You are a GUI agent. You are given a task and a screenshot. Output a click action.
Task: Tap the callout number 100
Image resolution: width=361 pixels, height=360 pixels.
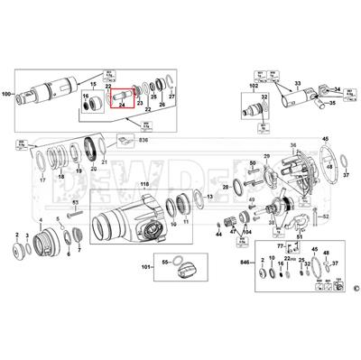coord(9,93)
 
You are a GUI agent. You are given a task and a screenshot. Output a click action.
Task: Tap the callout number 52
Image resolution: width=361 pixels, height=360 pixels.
coord(326,217)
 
